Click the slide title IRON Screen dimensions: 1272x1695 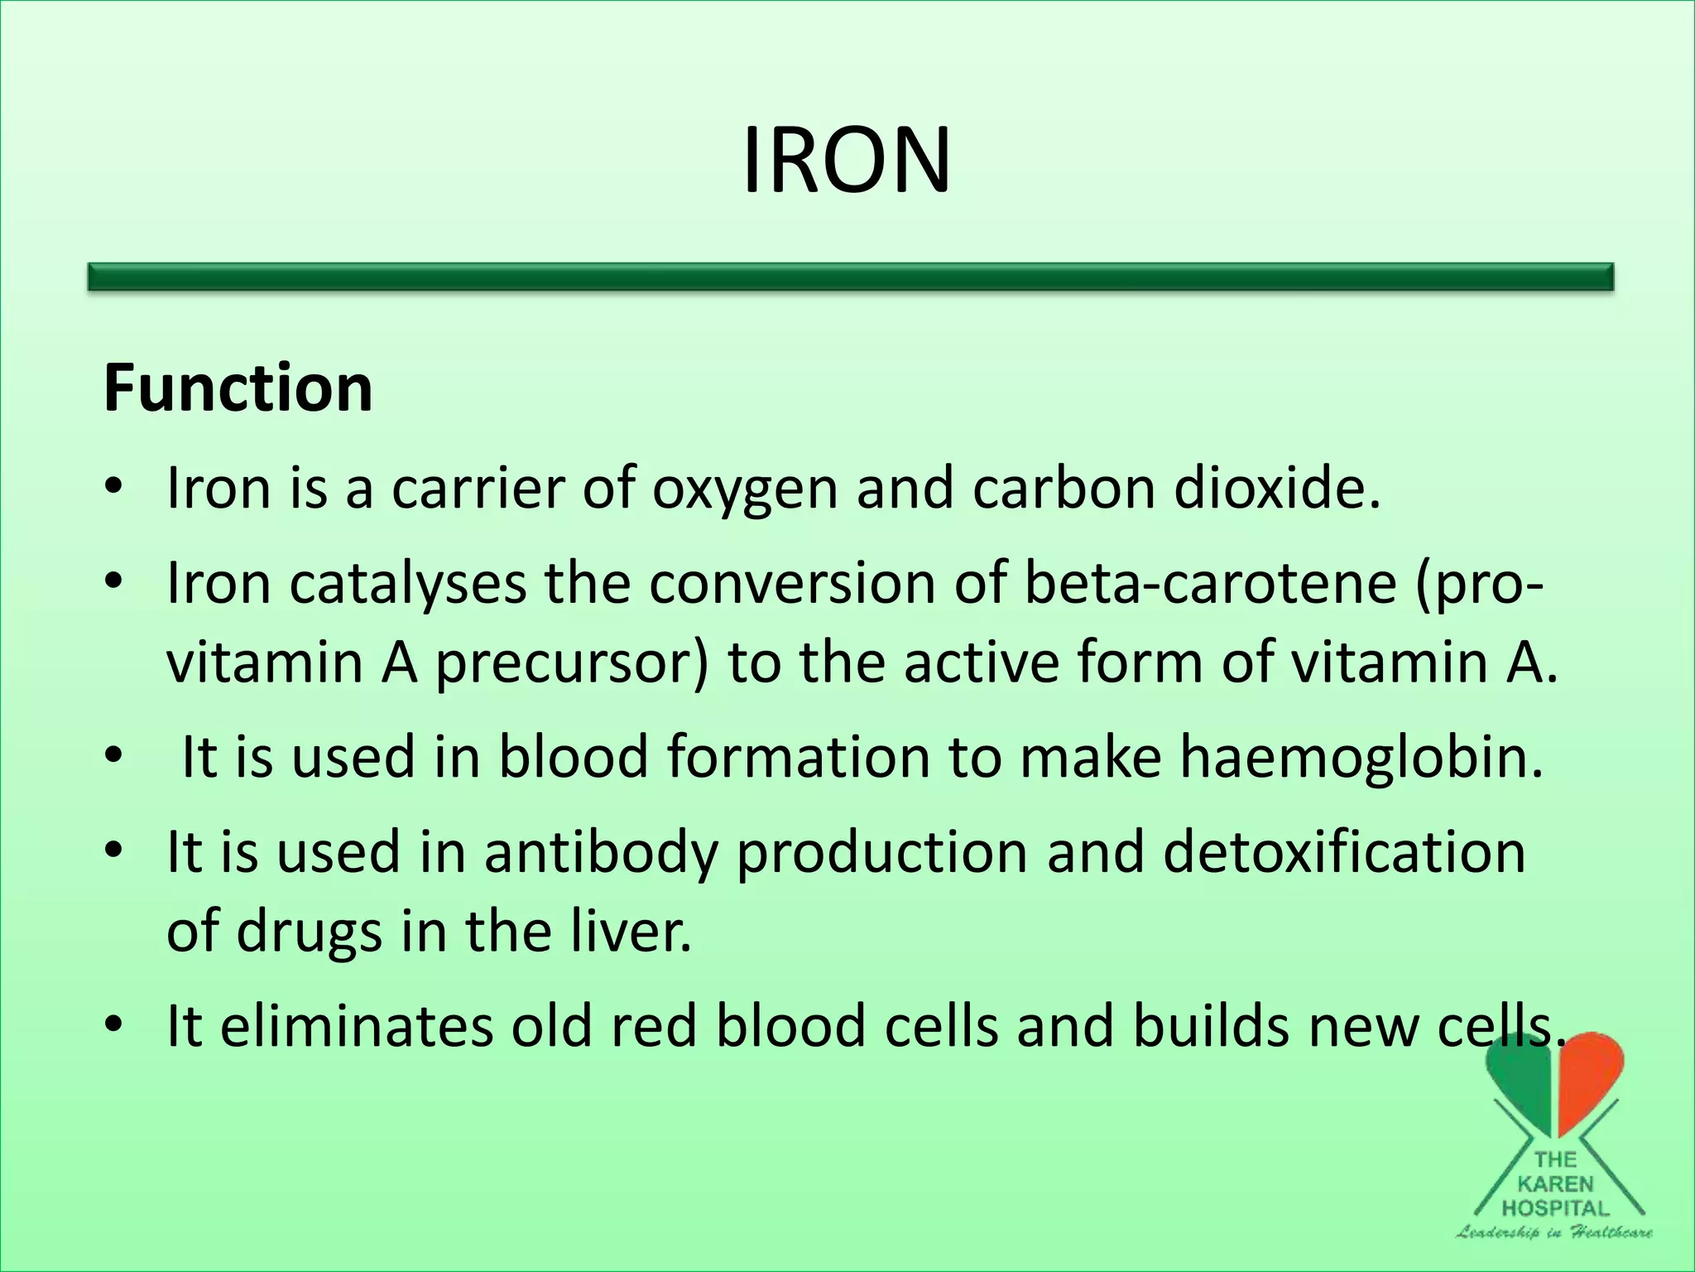[846, 161]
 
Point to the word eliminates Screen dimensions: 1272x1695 [356, 1025]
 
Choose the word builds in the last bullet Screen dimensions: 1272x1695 [1212, 1025]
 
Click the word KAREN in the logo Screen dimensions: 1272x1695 [1556, 1184]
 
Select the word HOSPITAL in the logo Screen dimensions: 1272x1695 [1556, 1208]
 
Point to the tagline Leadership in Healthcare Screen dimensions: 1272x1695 [1554, 1232]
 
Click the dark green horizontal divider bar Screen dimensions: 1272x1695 [851, 277]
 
